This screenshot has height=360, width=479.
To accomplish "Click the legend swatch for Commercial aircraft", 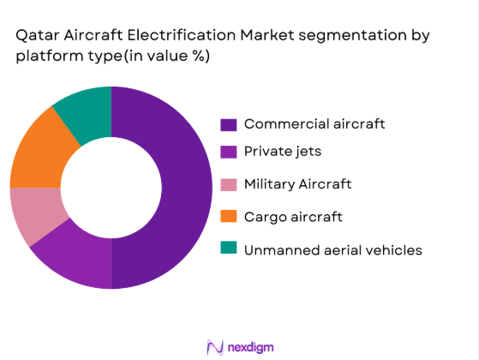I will [229, 124].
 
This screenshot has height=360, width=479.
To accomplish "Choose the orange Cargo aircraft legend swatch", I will [229, 217].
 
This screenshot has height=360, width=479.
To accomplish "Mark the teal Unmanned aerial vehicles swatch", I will [229, 249].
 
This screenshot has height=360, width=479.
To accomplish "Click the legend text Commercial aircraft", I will [314, 124].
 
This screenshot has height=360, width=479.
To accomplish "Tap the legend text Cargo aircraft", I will [293, 217].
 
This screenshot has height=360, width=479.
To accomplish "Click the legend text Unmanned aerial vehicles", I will [332, 249].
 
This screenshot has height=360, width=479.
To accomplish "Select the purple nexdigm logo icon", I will [215, 345].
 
